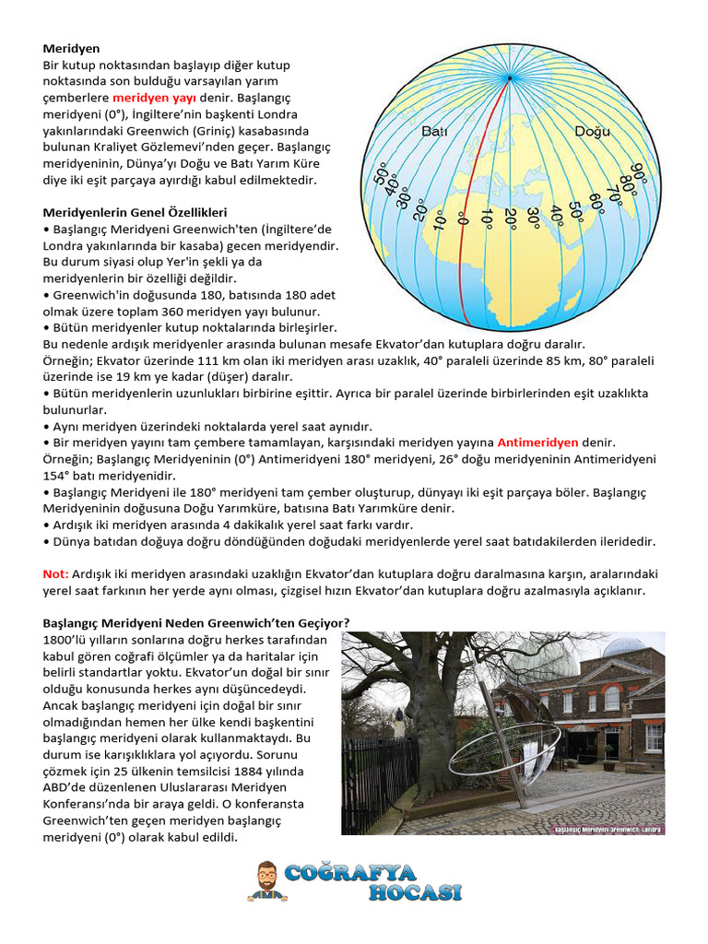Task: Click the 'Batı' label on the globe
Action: pos(434,132)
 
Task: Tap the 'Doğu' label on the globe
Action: pos(592,131)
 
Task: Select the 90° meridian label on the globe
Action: pos(637,173)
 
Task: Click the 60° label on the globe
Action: pos(596,201)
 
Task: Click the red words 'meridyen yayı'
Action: pos(154,97)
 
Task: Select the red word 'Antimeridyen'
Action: pos(538,442)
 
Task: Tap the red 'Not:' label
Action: pos(55,573)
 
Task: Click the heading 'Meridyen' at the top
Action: pos(71,47)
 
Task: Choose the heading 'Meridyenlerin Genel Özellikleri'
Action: pos(135,212)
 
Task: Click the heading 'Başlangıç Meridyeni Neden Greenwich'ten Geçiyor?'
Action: pos(195,623)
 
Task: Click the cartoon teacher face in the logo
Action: pos(265,877)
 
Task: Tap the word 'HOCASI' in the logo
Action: pos(414,891)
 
